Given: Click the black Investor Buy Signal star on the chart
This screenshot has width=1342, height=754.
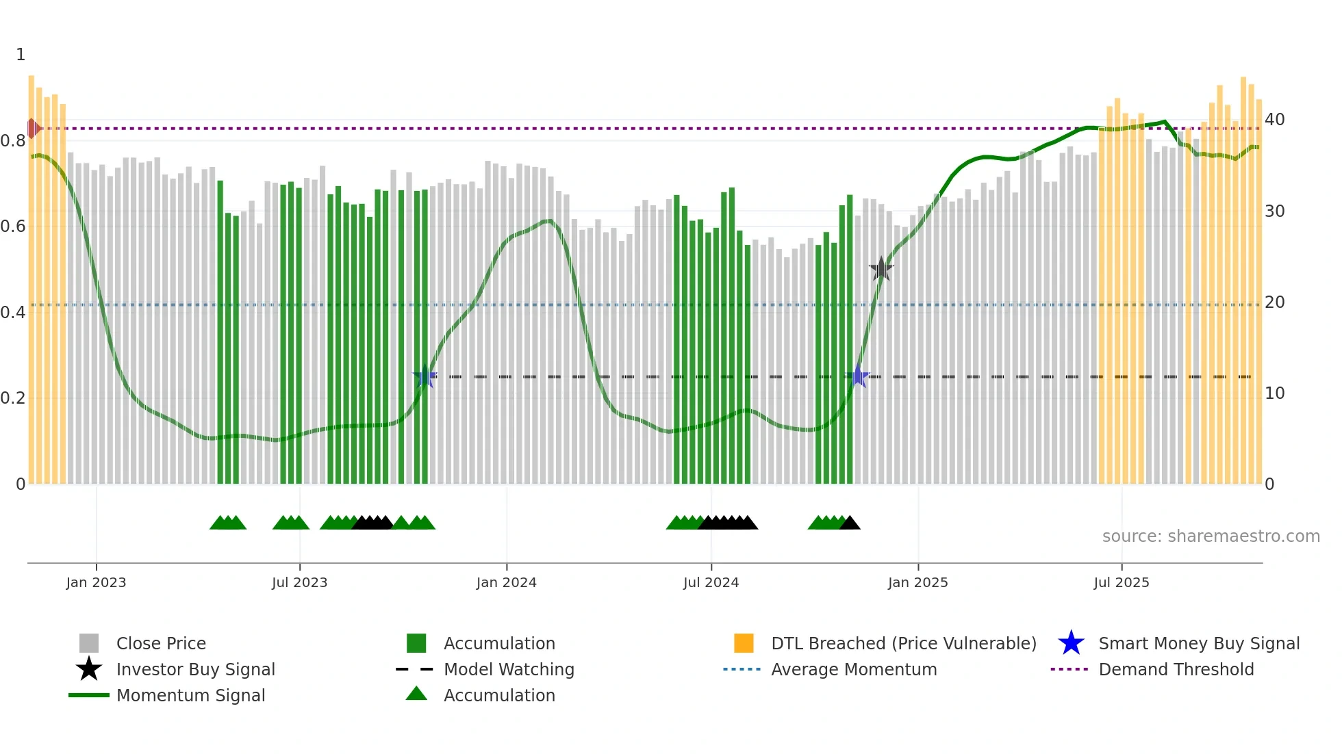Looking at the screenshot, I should click(881, 269).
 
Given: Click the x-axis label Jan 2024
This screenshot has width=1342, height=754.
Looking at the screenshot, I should click(506, 582).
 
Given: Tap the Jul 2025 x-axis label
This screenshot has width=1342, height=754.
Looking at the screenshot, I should click(1121, 582).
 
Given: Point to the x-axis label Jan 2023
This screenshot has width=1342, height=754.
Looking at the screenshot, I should click(96, 582).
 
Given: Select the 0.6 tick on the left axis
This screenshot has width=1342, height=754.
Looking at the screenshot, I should click(13, 226).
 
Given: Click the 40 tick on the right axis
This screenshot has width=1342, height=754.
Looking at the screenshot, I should click(1274, 120).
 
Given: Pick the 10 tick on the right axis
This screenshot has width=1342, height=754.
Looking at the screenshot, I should click(1274, 393).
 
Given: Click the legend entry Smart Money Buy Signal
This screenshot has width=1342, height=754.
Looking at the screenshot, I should click(1198, 643).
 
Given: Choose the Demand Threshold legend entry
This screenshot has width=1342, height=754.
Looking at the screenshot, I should click(1176, 669).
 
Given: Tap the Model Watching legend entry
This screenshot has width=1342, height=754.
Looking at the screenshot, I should click(509, 669).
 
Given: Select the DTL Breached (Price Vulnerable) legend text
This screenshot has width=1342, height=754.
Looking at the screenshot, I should click(903, 643).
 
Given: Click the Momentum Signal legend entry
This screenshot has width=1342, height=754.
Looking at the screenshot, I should click(190, 695).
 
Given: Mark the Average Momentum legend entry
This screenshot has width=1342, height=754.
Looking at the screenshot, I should click(854, 669).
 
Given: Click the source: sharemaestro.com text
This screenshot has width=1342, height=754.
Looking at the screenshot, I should click(1211, 536).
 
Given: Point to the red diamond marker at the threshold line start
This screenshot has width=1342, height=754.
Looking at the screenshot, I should click(32, 128).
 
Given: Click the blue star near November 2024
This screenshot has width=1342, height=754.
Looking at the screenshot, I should click(858, 376).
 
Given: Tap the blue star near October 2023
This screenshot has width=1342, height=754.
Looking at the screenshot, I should click(425, 376).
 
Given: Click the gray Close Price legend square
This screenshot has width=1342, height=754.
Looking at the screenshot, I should click(89, 643).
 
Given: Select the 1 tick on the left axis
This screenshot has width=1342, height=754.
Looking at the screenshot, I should click(21, 55).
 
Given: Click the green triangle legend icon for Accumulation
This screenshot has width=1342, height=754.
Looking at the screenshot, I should click(416, 694).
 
